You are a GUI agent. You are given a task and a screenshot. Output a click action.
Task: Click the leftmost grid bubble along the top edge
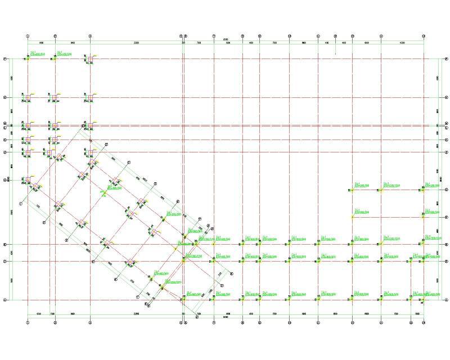pyautogui.click(x=28, y=36)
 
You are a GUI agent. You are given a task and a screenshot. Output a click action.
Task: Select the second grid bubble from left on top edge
pyautogui.click(x=55, y=36)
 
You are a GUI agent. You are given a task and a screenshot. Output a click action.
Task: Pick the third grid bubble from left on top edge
pyautogui.click(x=90, y=36)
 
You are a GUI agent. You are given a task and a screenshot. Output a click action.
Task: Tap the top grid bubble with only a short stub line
pyautogui.click(x=335, y=36)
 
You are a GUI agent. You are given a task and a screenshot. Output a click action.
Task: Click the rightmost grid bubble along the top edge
pyautogui.click(x=424, y=36)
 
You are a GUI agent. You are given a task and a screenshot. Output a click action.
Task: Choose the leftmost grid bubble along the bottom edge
pyautogui.click(x=28, y=323)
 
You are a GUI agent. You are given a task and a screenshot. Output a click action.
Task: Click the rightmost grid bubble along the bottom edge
pyautogui.click(x=424, y=323)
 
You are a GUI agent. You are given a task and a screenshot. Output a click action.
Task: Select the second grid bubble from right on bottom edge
pyautogui.click(x=411, y=323)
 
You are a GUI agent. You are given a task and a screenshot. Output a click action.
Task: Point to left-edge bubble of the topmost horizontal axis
pyautogui.click(x=5, y=58)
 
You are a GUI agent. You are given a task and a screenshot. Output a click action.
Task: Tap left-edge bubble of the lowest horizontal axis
pyautogui.click(x=5, y=300)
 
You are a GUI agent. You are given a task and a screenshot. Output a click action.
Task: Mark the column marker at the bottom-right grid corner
pyautogui.click(x=424, y=300)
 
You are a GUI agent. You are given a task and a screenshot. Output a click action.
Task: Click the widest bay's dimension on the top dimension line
pyautogui.click(x=136, y=43)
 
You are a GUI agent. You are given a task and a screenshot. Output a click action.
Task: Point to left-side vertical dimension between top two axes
pyautogui.click(x=12, y=78)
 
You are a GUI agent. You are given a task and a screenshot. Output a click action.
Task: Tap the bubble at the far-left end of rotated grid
pyautogui.click(x=21, y=203)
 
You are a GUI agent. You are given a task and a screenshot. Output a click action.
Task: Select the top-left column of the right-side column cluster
pyautogui.click(x=353, y=190)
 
